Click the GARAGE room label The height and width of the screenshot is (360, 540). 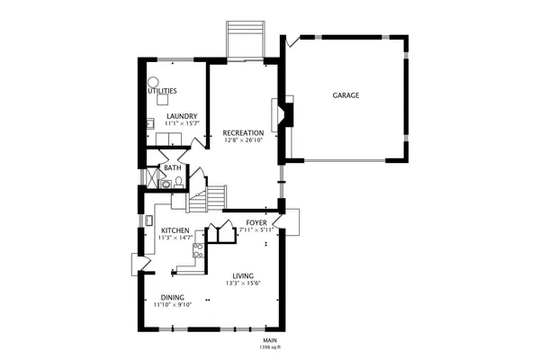(x=346, y=94)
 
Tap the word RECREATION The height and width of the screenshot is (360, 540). (x=243, y=133)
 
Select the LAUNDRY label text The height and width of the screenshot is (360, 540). (x=181, y=116)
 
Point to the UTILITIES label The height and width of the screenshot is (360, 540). (x=162, y=91)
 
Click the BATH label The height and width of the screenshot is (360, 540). (x=171, y=167)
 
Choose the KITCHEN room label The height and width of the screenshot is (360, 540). (x=175, y=230)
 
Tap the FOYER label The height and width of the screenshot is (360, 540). (x=256, y=221)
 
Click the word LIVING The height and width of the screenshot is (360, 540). (x=243, y=276)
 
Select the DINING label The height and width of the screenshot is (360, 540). (x=173, y=297)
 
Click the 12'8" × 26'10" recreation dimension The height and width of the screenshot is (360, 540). (x=243, y=140)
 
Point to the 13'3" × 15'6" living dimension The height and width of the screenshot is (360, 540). (x=243, y=283)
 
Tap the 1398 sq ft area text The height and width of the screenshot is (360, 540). (x=270, y=346)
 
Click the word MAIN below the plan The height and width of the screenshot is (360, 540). (x=270, y=340)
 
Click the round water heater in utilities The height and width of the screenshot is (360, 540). (x=153, y=82)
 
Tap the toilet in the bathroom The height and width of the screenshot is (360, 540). (x=179, y=183)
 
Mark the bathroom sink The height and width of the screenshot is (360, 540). (x=165, y=184)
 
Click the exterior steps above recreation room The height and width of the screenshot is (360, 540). (x=245, y=39)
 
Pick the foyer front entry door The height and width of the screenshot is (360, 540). (x=290, y=221)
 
